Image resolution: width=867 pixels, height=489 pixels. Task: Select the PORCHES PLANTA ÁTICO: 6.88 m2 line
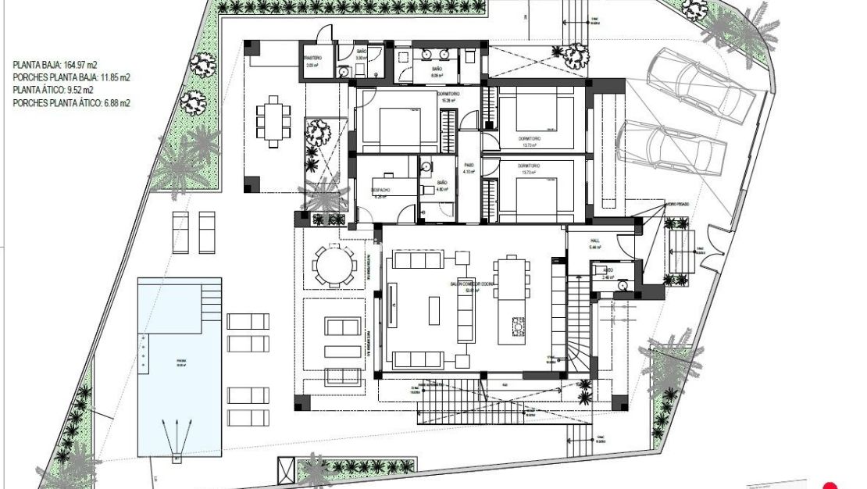pyautogui.click(x=72, y=102)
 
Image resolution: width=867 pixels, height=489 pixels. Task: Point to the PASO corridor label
pyautogui.click(x=469, y=165)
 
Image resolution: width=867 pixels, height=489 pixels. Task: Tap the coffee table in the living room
pyautogui.click(x=434, y=309)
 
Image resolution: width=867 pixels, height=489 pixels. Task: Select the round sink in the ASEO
pyautogui.click(x=622, y=285)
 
